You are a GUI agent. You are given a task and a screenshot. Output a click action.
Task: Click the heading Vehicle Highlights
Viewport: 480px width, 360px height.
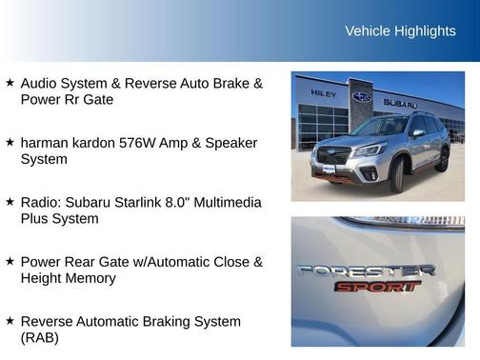tap(400, 31)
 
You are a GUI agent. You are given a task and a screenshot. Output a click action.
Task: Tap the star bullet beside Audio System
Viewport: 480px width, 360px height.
tap(10, 83)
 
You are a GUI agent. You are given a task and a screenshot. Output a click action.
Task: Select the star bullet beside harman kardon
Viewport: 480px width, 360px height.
tap(10, 142)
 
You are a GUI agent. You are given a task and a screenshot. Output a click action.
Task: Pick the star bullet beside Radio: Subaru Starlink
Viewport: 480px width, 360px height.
tap(10, 202)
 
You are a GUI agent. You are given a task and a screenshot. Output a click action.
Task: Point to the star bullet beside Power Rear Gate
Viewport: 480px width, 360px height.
tap(10, 261)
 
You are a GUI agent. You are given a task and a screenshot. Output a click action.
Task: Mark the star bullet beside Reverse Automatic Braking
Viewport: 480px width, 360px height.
tap(10, 321)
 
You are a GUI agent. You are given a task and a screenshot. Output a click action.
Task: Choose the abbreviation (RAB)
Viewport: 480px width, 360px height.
tap(39, 337)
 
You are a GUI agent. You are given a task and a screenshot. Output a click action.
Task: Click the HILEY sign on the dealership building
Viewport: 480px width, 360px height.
tap(324, 93)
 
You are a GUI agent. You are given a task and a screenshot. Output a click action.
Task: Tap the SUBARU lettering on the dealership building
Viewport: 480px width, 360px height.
tap(400, 102)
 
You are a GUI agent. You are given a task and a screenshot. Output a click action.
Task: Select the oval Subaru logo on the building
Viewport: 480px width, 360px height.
tap(362, 97)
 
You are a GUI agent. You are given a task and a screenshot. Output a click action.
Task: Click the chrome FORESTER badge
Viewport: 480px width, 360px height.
tap(366, 270)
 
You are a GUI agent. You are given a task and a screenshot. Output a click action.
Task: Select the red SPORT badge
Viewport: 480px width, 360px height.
tap(376, 286)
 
